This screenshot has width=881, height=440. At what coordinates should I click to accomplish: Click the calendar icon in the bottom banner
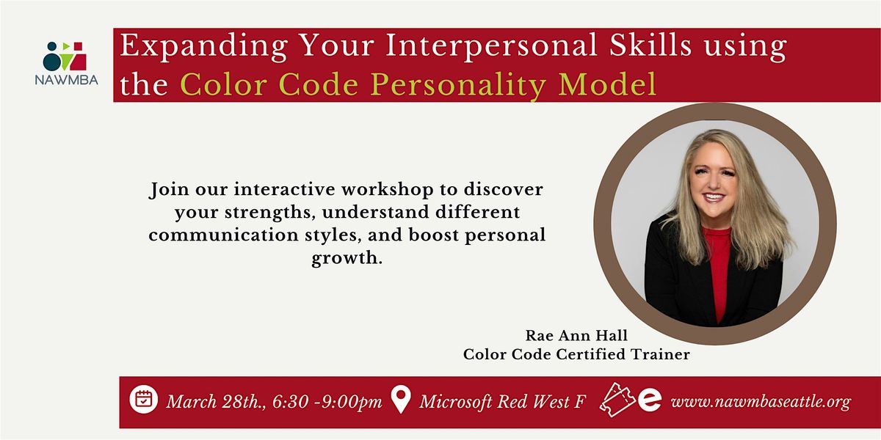[144, 400]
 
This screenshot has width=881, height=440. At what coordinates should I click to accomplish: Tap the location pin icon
[400, 400]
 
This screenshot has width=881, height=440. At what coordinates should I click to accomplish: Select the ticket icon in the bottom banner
[617, 400]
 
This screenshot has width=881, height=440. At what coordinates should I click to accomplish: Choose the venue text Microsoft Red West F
[502, 402]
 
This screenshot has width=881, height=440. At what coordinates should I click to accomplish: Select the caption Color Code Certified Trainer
[576, 355]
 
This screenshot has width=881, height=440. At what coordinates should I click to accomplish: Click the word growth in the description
[347, 260]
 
